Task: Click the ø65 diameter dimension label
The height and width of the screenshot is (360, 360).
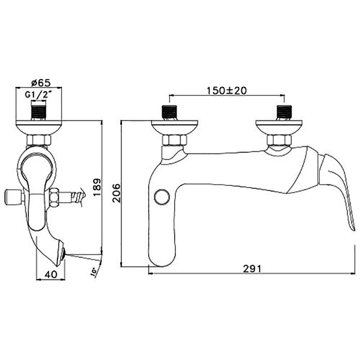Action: click(40, 83)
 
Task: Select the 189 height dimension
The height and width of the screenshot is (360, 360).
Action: click(97, 187)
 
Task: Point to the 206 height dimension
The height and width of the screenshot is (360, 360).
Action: click(117, 193)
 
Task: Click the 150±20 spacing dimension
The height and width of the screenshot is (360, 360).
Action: click(227, 90)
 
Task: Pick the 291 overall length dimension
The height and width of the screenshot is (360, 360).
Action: click(252, 269)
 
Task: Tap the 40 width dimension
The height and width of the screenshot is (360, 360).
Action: click(51, 274)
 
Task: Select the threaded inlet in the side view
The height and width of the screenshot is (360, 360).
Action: click(38, 113)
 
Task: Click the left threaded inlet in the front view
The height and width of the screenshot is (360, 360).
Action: click(170, 113)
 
